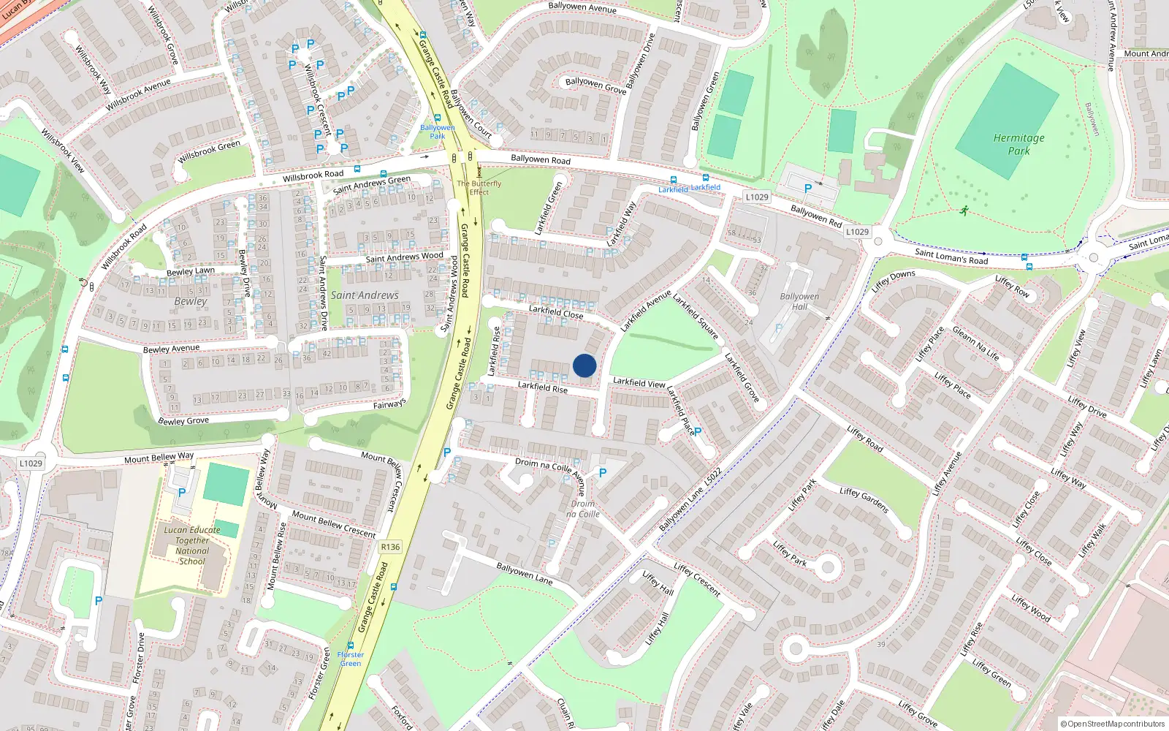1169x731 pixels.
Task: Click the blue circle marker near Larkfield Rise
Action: [x=584, y=365]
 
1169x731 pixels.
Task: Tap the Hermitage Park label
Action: [x=1018, y=144]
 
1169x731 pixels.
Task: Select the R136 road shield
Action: [x=390, y=547]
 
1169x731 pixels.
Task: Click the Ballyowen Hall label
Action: [x=799, y=301]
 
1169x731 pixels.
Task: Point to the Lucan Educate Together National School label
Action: [x=192, y=545]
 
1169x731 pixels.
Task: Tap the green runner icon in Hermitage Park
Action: [x=964, y=211]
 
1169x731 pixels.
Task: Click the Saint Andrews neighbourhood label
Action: [x=365, y=295]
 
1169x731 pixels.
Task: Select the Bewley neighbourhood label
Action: [x=191, y=301]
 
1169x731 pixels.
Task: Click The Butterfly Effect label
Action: [x=479, y=188]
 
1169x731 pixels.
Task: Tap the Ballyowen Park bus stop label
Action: [x=437, y=132]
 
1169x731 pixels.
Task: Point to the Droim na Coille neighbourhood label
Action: [x=582, y=509]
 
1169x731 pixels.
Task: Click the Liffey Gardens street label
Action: [x=864, y=501]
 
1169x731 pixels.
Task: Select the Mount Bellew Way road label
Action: [x=159, y=458]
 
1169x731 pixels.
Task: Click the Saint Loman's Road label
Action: [x=951, y=257]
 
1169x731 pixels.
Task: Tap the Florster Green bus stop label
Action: [x=351, y=659]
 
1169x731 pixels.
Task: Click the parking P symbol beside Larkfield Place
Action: [x=698, y=432]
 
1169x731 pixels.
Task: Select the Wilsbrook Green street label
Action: [x=209, y=152]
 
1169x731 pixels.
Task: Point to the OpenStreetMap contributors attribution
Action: [x=1112, y=724]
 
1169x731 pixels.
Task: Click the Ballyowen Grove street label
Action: [x=595, y=86]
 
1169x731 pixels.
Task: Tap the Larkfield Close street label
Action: [x=556, y=312]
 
